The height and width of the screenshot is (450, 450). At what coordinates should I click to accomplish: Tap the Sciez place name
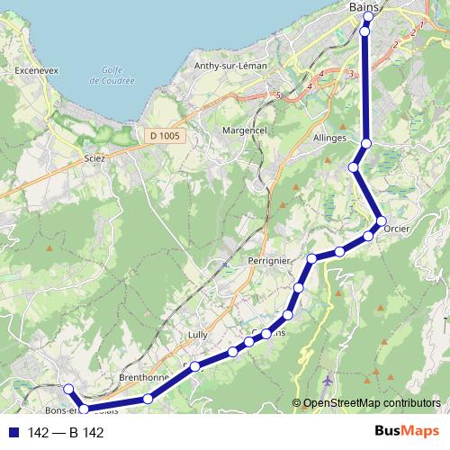94,157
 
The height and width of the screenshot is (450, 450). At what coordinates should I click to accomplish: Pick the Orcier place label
396,229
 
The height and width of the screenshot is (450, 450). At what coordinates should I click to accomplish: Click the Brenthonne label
139,378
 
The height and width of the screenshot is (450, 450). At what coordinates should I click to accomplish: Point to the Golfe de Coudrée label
112,75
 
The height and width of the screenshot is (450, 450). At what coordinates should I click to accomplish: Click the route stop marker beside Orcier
381,220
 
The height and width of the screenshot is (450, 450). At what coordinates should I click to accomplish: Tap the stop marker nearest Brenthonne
148,399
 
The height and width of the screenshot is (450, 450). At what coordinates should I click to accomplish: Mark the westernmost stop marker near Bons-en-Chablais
67,388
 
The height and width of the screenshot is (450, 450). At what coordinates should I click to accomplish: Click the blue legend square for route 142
13,433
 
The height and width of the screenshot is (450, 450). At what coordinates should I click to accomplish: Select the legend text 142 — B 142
66,433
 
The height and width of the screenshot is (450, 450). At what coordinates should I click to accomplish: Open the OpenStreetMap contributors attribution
372,404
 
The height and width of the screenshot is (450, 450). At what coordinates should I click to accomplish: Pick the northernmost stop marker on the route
365,10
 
